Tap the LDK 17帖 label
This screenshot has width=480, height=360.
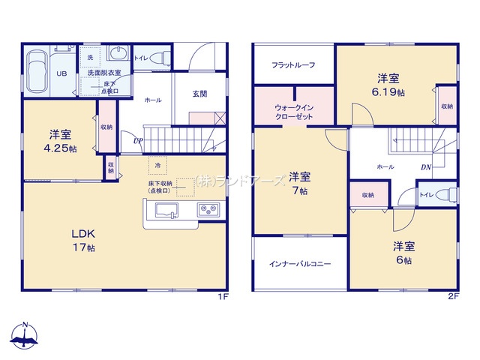coord(83,241)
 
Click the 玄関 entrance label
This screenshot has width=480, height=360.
coord(199,93)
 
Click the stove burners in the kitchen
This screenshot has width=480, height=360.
coord(208,209)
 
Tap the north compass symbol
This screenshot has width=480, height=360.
coord(25,338)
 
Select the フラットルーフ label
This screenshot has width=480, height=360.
coord(292,64)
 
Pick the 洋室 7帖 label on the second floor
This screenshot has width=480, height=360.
coord(298,183)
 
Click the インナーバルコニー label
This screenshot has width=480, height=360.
coord(300,264)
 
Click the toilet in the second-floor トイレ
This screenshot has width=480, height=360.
coord(448,195)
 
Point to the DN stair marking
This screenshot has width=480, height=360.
coord(425,167)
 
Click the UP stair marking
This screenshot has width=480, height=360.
coord(138,140)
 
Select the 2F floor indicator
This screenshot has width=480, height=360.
coord(452,297)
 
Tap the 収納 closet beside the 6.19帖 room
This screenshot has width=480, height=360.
coord(446,106)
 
